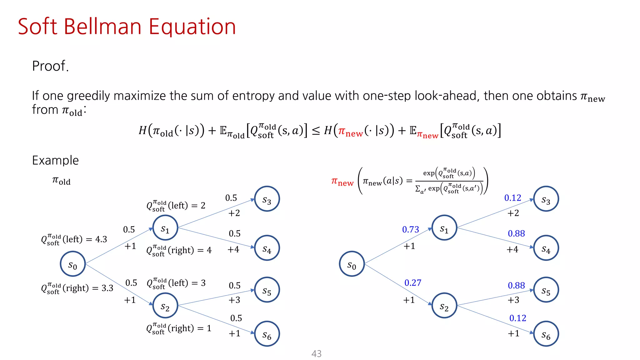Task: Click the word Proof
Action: click(x=50, y=66)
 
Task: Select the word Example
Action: click(x=55, y=160)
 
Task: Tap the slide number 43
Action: click(x=316, y=353)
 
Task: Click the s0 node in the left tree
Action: click(x=73, y=264)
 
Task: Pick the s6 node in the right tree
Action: click(x=546, y=334)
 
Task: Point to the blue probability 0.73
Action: click(x=410, y=230)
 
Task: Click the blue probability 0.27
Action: click(x=413, y=283)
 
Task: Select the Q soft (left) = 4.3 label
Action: click(x=74, y=240)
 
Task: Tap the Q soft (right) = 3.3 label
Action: click(x=77, y=288)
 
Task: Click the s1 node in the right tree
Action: click(x=444, y=228)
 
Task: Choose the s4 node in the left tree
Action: click(x=267, y=248)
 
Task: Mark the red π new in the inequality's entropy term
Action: click(x=350, y=131)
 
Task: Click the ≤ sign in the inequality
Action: click(x=316, y=131)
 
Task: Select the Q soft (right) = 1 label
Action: click(x=179, y=328)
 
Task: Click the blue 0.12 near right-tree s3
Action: click(x=512, y=198)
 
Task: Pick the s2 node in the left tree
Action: click(x=165, y=306)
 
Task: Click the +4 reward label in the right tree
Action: click(x=512, y=249)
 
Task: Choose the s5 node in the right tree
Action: click(x=546, y=290)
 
